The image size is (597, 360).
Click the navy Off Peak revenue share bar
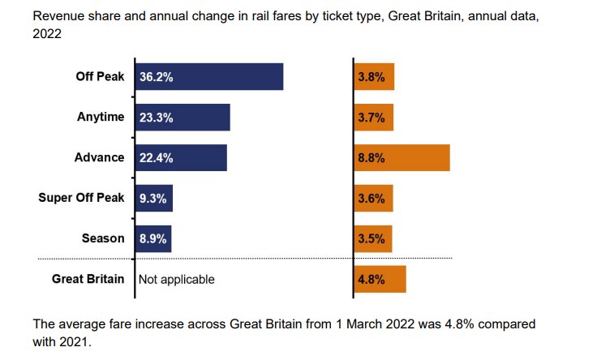coord(208,77)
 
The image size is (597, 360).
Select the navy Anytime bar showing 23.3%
coord(182,118)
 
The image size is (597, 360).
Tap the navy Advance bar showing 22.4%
coord(180,158)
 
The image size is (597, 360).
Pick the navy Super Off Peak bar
coord(153,199)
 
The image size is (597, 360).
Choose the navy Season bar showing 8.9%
coord(152,238)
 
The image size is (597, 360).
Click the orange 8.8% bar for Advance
coord(402,158)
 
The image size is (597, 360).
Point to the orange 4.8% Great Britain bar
coord(380,280)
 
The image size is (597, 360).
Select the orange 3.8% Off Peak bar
coord(374,77)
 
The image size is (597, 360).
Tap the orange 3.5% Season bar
coord(373,238)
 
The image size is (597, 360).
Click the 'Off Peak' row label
coord(100,77)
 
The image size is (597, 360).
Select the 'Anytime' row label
coord(101,117)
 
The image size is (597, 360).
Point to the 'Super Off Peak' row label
coord(81,198)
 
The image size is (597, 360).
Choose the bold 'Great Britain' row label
coord(88,279)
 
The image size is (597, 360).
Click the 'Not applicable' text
coord(177,280)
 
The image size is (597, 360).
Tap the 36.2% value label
coord(157,78)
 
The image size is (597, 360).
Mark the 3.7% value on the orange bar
coord(371,118)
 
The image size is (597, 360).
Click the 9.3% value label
coord(153,199)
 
